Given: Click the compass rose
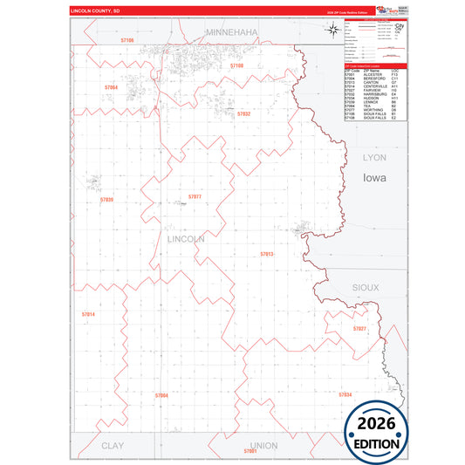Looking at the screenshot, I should pos(334,31).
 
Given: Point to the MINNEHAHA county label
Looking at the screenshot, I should pos(231,31).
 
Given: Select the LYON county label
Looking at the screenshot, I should pos(373,157).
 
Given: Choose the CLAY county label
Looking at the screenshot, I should pos(113,445).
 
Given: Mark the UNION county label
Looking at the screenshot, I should pos(263,445).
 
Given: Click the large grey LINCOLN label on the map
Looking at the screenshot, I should pos(184,238).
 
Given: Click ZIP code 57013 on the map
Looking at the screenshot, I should pos(267,254).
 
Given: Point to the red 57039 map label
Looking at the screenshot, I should pos(106,200).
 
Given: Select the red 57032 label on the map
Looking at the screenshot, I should pos(243,113).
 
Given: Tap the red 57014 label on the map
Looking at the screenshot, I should pos(88,313).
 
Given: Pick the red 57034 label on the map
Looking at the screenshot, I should pos(345,394).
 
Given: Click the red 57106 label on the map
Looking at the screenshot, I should pos(127,40).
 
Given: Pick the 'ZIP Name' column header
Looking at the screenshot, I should pos(372,70).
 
